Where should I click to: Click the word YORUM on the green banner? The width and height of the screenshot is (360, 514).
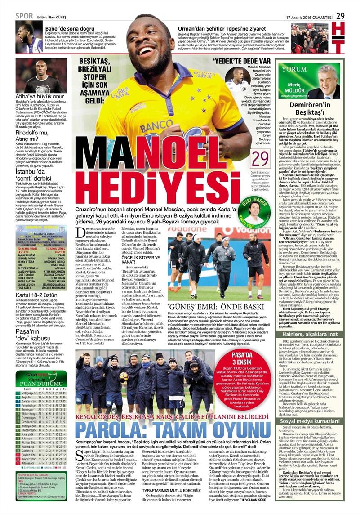click(294, 70)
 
